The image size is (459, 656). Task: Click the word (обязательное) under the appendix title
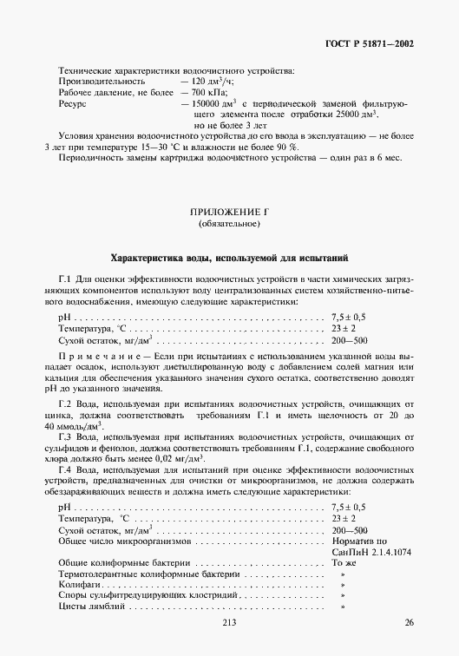coord(229,225)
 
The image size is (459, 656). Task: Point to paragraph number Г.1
coord(65,279)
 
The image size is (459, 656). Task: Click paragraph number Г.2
coord(65,405)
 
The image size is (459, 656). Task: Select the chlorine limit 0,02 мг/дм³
coord(180,457)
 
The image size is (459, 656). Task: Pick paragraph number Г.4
coord(65,470)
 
